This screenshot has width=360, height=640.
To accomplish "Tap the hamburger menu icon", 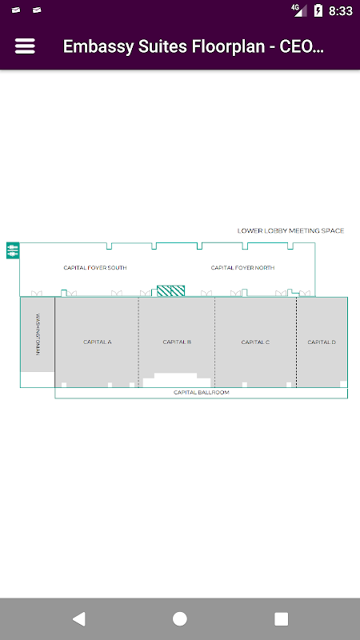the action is pos(25,46).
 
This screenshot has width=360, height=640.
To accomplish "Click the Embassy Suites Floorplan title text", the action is pos(194,46).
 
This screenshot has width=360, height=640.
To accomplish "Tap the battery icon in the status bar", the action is pos(318,10).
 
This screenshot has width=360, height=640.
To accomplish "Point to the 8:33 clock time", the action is pos(341,11).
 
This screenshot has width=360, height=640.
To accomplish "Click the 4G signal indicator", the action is pos(299,10).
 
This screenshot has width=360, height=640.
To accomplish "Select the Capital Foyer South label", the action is pos(95,268).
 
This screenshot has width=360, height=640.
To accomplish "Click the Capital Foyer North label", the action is pos(242,268).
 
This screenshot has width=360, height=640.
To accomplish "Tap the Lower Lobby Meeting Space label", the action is pos(290,231).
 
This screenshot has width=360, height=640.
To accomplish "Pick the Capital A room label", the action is pos(98,342).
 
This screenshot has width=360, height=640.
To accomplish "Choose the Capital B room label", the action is pos(177,342).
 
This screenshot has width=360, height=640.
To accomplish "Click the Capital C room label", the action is pos(255,342).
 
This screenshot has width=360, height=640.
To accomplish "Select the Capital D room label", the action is pos(322,342).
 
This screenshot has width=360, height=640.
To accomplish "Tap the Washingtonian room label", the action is pos(38,334).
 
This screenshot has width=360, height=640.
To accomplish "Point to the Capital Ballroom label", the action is pos(202,393).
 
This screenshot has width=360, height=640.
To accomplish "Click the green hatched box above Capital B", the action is pos(171,290).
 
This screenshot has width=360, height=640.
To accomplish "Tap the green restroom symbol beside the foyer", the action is pos(13,250).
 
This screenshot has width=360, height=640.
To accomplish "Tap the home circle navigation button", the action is pos(179,618).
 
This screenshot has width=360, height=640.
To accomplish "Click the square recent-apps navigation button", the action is pos(282,618).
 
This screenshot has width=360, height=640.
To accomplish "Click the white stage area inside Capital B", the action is pos(176,381).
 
